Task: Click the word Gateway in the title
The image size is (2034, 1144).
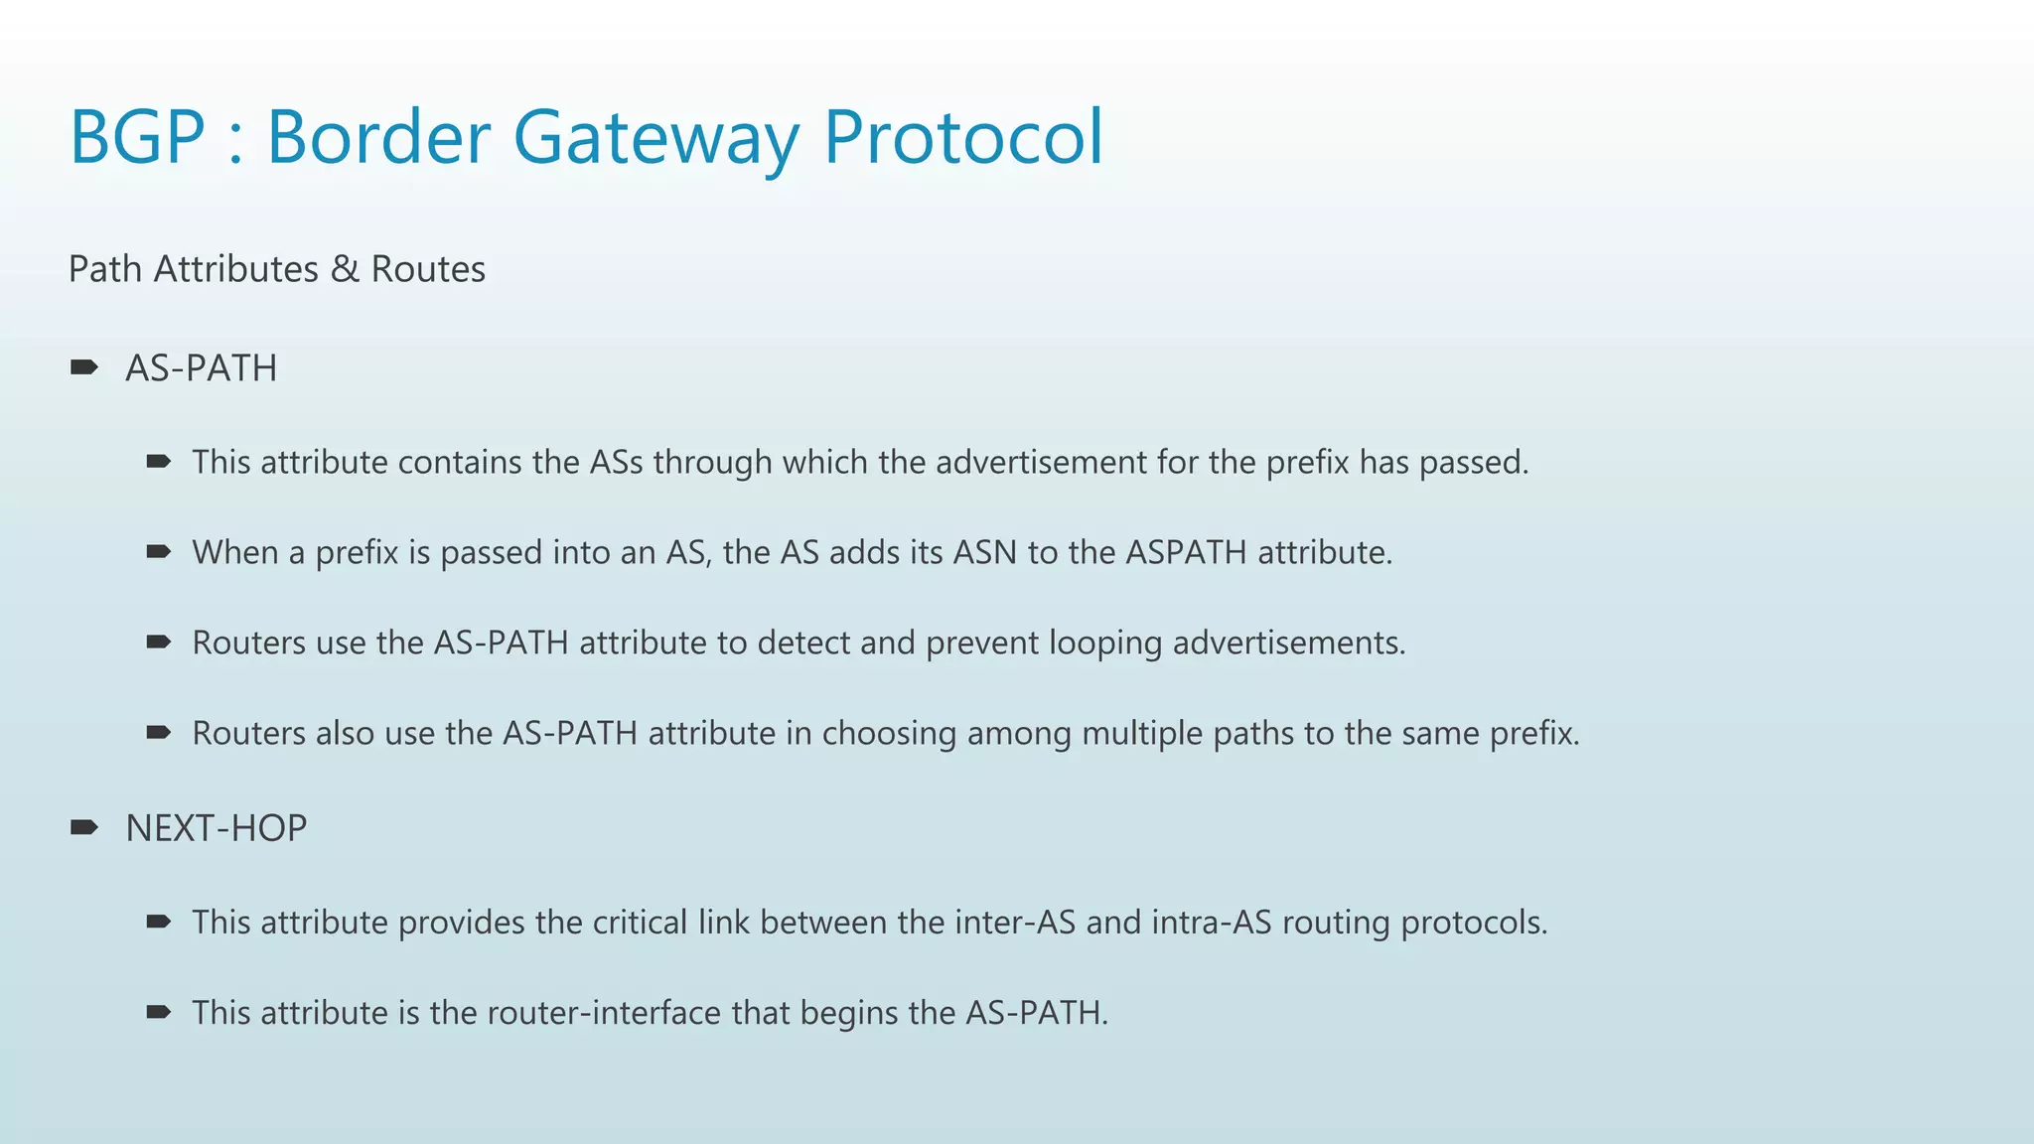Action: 654,137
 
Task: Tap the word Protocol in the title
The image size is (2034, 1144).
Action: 963,137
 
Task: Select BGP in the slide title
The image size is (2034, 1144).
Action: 137,137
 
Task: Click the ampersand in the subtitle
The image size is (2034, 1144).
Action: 345,269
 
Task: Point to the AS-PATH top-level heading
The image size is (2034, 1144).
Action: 201,368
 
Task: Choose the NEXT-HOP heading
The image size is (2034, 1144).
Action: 216,828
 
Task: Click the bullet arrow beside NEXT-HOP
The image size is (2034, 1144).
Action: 84,827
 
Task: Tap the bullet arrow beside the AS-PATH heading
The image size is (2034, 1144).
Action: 84,367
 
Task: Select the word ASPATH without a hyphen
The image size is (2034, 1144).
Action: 1186,552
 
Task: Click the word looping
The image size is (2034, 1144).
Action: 1105,643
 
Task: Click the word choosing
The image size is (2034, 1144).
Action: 889,734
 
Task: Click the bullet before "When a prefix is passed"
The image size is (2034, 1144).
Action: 159,551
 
